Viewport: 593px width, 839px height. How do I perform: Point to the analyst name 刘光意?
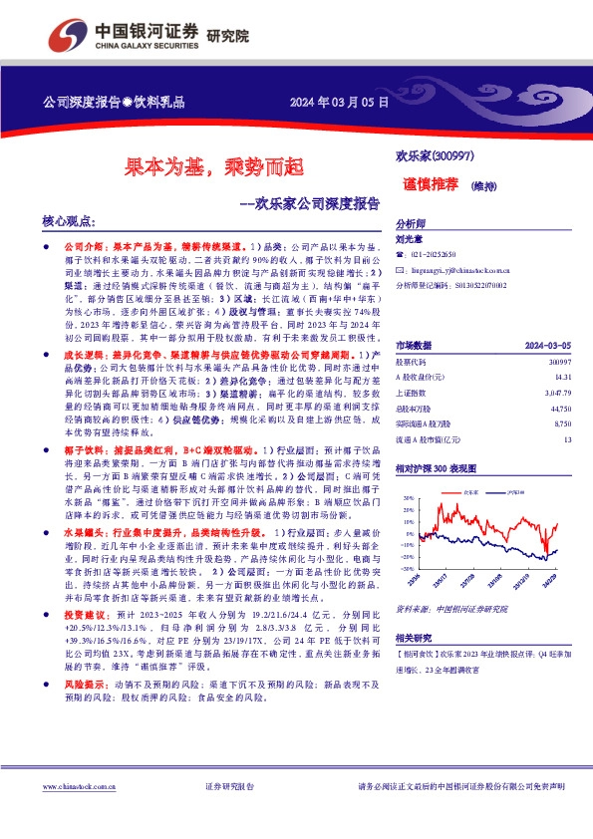[x=409, y=239]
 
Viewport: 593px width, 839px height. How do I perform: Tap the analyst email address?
[x=462, y=270]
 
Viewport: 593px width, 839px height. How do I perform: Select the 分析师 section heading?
[x=411, y=224]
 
